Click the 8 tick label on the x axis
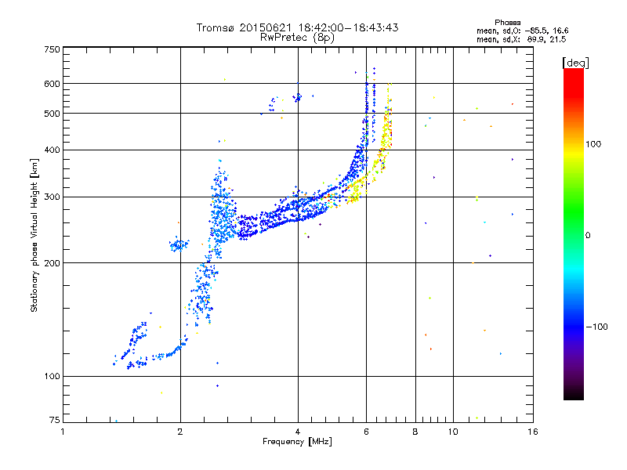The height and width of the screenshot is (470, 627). pyautogui.click(x=415, y=432)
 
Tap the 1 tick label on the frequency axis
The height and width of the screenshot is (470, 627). pyautogui.click(x=63, y=432)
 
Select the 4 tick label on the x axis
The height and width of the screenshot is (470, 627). pyautogui.click(x=298, y=432)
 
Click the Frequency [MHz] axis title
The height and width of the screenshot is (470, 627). pyautogui.click(x=297, y=442)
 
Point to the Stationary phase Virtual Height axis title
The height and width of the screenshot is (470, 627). pyautogui.click(x=34, y=236)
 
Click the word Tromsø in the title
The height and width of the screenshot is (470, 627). pyautogui.click(x=216, y=27)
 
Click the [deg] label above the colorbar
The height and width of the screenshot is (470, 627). pyautogui.click(x=575, y=62)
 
